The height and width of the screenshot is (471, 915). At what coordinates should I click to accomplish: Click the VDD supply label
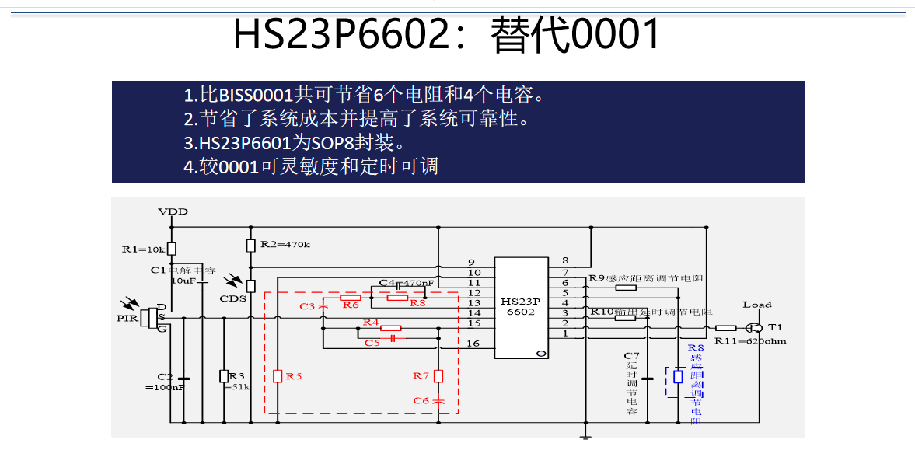pyautogui.click(x=173, y=211)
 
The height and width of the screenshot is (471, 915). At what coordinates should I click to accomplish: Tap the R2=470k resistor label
pyautogui.click(x=285, y=244)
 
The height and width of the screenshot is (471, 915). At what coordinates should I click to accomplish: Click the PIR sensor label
pyautogui.click(x=127, y=317)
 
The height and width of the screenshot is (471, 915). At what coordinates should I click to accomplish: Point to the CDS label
pyautogui.click(x=232, y=299)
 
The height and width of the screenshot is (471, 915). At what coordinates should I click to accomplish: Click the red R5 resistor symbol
pyautogui.click(x=277, y=376)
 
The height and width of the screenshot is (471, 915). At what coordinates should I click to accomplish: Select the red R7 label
pyautogui.click(x=421, y=376)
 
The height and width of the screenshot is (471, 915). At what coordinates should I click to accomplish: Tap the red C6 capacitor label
pyautogui.click(x=421, y=400)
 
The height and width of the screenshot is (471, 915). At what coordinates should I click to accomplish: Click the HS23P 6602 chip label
pyautogui.click(x=519, y=306)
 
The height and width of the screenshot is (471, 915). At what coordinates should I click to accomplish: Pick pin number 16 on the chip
pyautogui.click(x=473, y=343)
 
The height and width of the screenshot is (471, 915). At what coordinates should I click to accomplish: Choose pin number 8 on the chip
pyautogui.click(x=564, y=260)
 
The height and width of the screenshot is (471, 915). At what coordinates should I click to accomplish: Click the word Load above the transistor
pyautogui.click(x=757, y=305)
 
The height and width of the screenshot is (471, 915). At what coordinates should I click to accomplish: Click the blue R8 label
pyautogui.click(x=696, y=349)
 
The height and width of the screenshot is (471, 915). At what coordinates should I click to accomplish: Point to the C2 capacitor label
pyautogui.click(x=165, y=376)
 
